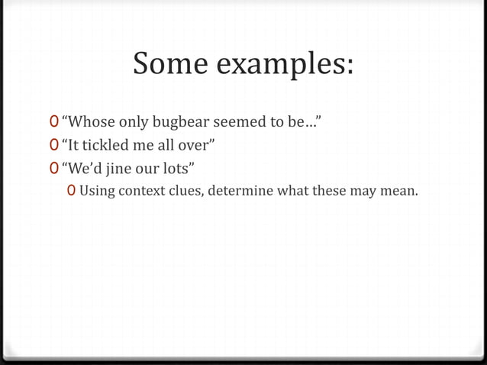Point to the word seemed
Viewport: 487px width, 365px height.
pos(243,121)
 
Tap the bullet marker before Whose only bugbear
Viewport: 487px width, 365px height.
pos(53,121)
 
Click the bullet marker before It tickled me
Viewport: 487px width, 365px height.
pos(53,144)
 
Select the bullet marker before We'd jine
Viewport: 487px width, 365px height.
pos(53,166)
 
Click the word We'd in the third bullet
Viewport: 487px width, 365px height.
pos(84,166)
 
